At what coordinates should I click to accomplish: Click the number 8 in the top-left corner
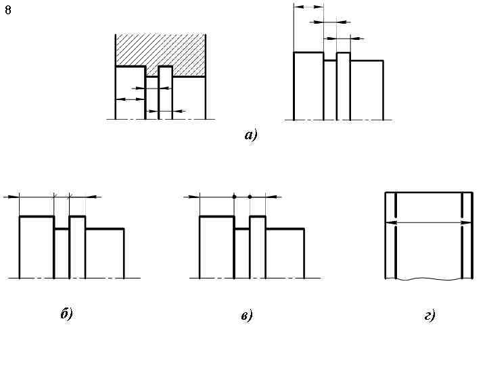8,9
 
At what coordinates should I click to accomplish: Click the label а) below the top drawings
251,135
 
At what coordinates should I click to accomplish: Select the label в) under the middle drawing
246,315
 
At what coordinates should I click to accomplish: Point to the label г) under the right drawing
430,315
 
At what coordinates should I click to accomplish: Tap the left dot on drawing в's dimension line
234,197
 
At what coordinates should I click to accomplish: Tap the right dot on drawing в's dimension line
250,197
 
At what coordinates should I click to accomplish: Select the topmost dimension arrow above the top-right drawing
308,7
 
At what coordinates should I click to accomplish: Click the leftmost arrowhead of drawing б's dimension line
9,197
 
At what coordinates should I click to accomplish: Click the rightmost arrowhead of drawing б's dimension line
95,197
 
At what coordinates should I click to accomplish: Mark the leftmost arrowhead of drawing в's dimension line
191,197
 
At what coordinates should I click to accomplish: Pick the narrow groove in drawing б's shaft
62,253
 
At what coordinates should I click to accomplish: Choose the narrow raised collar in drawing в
258,246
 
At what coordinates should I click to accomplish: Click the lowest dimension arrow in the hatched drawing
165,110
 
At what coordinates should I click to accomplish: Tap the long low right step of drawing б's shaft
104,253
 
